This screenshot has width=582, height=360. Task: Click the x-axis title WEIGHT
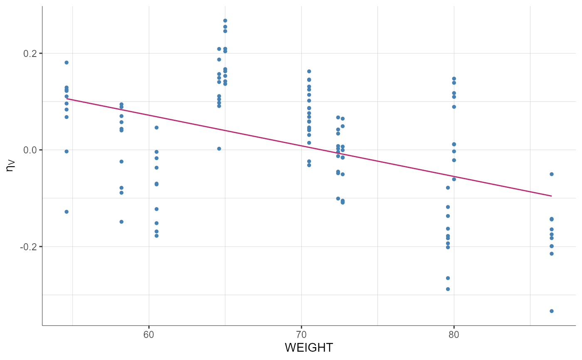308,348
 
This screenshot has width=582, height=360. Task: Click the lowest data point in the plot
552,311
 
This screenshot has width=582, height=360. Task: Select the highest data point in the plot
225,20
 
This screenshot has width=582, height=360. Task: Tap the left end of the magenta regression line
67,99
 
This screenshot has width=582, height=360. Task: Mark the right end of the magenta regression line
552,196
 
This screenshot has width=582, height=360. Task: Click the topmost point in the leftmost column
67,62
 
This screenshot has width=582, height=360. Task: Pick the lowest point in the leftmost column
67,212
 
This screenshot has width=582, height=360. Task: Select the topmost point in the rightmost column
552,174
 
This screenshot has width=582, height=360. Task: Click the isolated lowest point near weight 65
219,148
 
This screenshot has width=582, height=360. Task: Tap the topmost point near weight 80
454,79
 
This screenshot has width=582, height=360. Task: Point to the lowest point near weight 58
121,222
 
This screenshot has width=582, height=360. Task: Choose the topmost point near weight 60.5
156,128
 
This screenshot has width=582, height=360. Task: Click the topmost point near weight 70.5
309,72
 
